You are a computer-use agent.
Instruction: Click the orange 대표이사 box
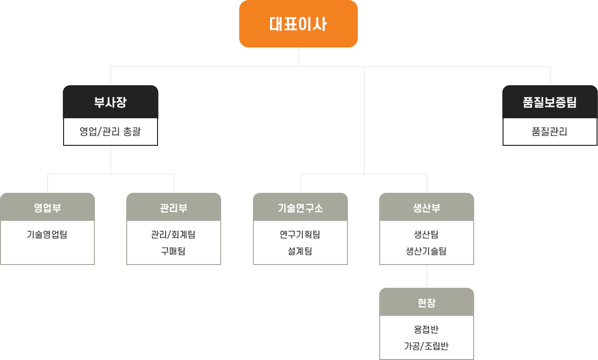tap(298, 24)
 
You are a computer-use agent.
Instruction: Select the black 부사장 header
tap(110, 103)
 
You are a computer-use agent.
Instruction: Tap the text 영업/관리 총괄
tap(110, 132)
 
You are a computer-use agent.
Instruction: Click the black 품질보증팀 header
tap(550, 103)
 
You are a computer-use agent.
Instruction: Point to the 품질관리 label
tap(550, 132)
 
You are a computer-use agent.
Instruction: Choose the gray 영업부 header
tap(47, 208)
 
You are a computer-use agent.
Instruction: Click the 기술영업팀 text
tap(47, 234)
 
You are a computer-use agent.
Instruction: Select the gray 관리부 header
tap(174, 208)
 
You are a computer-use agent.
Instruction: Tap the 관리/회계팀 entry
tap(174, 234)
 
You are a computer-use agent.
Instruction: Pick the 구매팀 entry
tap(174, 251)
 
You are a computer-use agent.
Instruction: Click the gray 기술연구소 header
tap(300, 208)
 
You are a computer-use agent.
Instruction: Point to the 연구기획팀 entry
tap(300, 234)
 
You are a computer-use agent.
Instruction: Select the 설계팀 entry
tap(300, 251)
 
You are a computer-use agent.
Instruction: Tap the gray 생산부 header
tap(427, 208)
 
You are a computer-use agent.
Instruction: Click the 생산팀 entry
tap(427, 234)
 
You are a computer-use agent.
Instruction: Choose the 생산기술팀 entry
tap(427, 251)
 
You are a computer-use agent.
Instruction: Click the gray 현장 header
tap(427, 303)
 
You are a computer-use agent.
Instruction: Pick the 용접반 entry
tap(427, 329)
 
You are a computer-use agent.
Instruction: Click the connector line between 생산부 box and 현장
tap(427, 276)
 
